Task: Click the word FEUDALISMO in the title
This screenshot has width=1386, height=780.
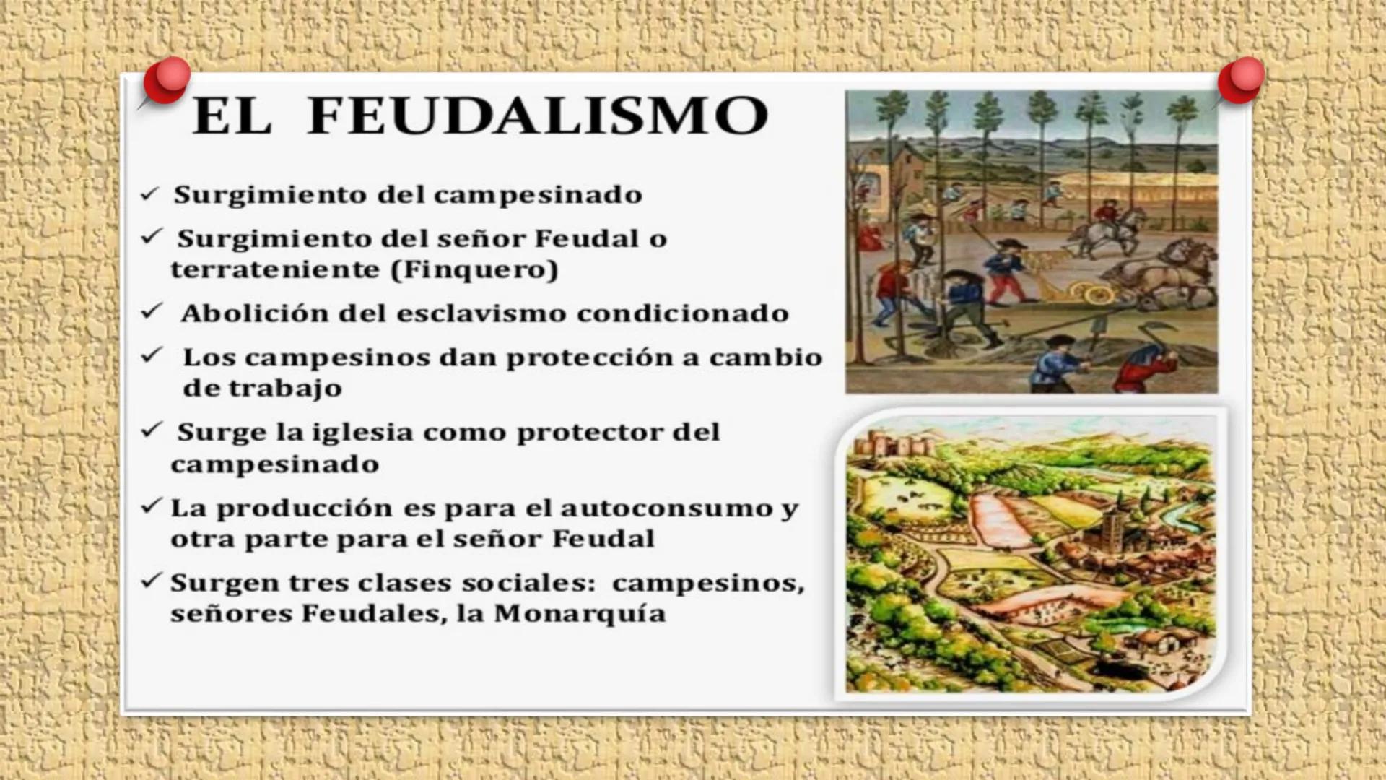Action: point(538,116)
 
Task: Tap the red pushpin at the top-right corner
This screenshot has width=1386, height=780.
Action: point(1241,79)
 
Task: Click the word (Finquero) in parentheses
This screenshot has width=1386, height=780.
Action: point(474,270)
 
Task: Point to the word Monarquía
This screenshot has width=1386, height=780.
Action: point(580,614)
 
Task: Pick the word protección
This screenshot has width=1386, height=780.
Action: point(589,358)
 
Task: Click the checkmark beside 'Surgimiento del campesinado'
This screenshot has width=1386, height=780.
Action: point(149,194)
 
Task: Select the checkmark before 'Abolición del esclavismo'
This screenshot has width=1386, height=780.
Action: point(152,311)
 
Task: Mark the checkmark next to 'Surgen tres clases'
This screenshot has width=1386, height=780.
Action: point(151,581)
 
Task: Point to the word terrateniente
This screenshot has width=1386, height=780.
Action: point(275,270)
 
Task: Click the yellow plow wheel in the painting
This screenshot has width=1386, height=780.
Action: point(1094,292)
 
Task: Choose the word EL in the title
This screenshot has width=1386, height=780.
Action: point(232,116)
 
